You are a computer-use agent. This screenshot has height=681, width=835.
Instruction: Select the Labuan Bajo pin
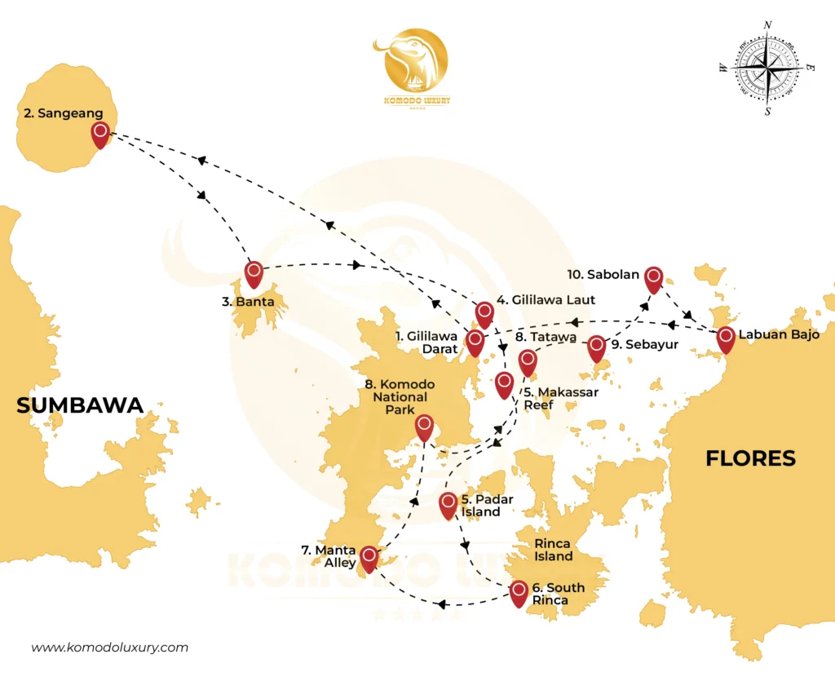pyautogui.click(x=725, y=338)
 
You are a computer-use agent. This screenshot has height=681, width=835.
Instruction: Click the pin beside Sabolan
pyautogui.click(x=653, y=278)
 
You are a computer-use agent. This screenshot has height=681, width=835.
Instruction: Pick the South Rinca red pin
pyautogui.click(x=519, y=592)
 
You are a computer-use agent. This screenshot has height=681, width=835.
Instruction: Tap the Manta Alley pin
pyautogui.click(x=369, y=558)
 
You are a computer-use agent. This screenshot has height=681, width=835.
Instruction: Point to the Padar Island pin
pyautogui.click(x=447, y=504)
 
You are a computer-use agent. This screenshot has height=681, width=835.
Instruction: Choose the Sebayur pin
pyautogui.click(x=597, y=347)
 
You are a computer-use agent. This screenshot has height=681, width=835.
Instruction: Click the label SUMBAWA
pyautogui.click(x=80, y=405)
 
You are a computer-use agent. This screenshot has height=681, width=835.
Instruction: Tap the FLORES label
pyautogui.click(x=750, y=458)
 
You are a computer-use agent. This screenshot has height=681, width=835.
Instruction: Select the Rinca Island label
pyautogui.click(x=553, y=549)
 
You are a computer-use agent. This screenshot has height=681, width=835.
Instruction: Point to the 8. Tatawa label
pyautogui.click(x=546, y=336)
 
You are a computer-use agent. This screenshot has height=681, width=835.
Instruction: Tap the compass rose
pyautogui.click(x=767, y=69)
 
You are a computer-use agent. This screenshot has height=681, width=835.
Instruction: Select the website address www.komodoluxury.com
pyautogui.click(x=110, y=648)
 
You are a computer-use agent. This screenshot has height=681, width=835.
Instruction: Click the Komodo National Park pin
pyautogui.click(x=424, y=426)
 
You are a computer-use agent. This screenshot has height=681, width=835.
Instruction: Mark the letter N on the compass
pyautogui.click(x=767, y=25)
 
